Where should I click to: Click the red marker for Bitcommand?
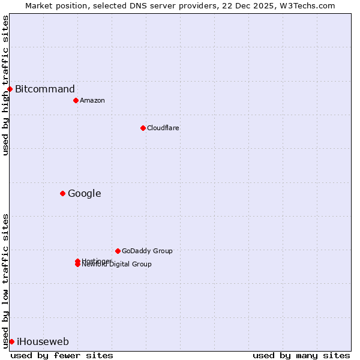[10, 89]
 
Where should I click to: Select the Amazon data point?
[76, 100]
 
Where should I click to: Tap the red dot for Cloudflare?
[143, 128]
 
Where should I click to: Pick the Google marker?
[62, 193]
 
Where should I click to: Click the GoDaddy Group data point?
[118, 251]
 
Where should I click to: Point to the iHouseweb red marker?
[11, 341]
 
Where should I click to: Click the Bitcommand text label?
[45, 89]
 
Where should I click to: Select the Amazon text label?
[92, 100]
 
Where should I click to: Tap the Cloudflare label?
[163, 128]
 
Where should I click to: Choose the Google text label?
[85, 193]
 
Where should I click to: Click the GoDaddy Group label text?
[147, 251]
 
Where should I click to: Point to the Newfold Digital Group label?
[117, 265]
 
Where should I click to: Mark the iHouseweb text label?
[43, 341]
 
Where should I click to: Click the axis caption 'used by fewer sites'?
[62, 355]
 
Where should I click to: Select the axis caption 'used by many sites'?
[301, 355]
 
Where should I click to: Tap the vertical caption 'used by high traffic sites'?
[5, 85]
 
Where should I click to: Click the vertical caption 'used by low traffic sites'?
[5, 281]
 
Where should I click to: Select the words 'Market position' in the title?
[52, 5]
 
